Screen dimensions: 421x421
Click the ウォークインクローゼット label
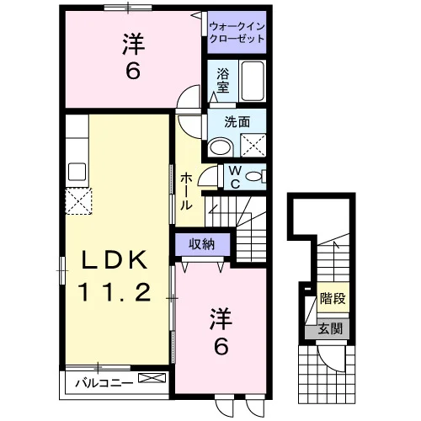coord(237,33)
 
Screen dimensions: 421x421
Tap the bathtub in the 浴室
coord(253,81)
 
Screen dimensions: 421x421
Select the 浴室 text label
coord(223,81)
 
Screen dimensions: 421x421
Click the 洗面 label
coord(237,122)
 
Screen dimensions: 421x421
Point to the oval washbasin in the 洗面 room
coord(221,147)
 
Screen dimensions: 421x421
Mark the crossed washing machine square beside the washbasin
coord(253,145)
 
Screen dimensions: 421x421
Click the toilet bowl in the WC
coord(253,177)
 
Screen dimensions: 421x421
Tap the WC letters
coord(235,177)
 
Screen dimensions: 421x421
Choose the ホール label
coord(186,191)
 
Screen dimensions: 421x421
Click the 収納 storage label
coord(202,244)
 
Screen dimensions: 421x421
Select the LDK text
coord(115,259)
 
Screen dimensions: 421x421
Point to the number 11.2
coord(115,292)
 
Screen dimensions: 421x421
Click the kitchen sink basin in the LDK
coord(77,172)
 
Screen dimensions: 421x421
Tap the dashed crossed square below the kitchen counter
coord(78,201)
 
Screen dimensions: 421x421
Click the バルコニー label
coord(104,383)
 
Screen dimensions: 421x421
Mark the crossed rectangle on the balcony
coord(152,377)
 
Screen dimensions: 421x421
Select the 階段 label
coord(333,298)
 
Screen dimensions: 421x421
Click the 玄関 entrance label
coord(330,328)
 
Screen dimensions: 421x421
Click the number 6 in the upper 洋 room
coord(133,71)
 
